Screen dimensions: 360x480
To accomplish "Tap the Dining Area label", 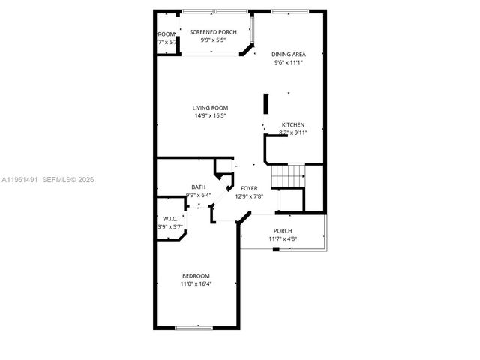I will pos(288,54).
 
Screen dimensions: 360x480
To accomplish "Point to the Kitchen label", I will pos(293,124).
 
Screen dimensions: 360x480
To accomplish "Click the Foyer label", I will pos(249,188).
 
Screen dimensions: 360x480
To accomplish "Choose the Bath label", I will pos(198,187).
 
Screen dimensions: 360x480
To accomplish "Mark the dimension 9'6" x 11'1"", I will pos(288,62).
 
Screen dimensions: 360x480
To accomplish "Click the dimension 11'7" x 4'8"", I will pos(283,238).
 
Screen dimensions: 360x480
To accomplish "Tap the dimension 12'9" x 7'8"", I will pos(249,196).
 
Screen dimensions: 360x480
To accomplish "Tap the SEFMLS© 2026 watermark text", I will pos(68,179).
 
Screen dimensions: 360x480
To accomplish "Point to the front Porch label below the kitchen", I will pos(283,230).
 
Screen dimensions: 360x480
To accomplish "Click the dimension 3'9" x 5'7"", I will pos(169,226).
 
